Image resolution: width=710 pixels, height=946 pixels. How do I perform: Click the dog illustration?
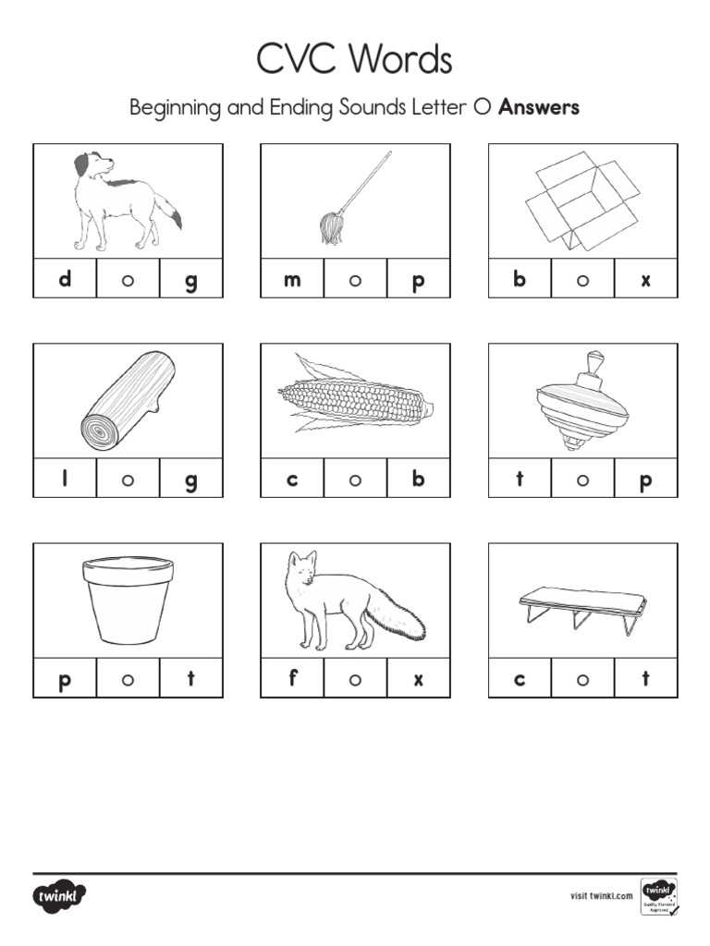pyautogui.click(x=126, y=200)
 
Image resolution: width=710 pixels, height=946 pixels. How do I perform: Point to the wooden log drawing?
pyautogui.click(x=128, y=400)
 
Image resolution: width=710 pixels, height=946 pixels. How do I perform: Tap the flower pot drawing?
pyautogui.click(x=128, y=599)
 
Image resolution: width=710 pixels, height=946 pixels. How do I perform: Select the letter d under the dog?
pyautogui.click(x=65, y=279)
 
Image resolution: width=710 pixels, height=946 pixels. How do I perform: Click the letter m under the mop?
pyautogui.click(x=292, y=280)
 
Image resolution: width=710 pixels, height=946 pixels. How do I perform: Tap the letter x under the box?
pyautogui.click(x=645, y=280)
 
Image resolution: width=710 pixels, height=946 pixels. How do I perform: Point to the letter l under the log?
pyautogui.click(x=65, y=479)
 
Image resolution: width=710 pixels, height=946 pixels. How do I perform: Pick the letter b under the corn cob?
pyautogui.click(x=419, y=479)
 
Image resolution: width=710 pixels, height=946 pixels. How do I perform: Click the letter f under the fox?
pyautogui.click(x=292, y=678)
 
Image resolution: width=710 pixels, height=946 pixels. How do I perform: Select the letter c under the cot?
pyautogui.click(x=520, y=680)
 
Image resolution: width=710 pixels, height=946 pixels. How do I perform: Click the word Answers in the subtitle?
pyautogui.click(x=539, y=107)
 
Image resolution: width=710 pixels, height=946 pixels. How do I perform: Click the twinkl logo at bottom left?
pyautogui.click(x=60, y=896)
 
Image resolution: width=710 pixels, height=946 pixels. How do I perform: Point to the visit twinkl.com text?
pyautogui.click(x=601, y=895)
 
